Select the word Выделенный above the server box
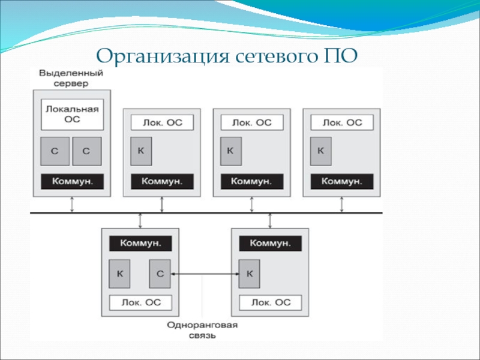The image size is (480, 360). (x=71, y=73)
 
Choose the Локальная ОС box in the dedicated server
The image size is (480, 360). (x=72, y=114)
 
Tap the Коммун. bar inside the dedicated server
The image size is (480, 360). (x=72, y=181)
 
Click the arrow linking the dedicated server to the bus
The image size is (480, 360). (x=72, y=204)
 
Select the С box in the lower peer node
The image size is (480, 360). (x=160, y=274)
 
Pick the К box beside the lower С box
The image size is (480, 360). (x=120, y=274)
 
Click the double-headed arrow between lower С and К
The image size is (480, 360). (x=205, y=274)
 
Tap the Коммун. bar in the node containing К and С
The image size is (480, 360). (x=140, y=244)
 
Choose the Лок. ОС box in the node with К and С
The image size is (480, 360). (x=140, y=302)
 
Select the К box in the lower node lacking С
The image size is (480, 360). (x=250, y=274)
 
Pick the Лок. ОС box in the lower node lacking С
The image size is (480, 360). (x=269, y=302)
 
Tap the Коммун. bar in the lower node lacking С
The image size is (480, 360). (x=269, y=244)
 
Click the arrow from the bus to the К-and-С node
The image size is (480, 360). (x=140, y=221)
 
